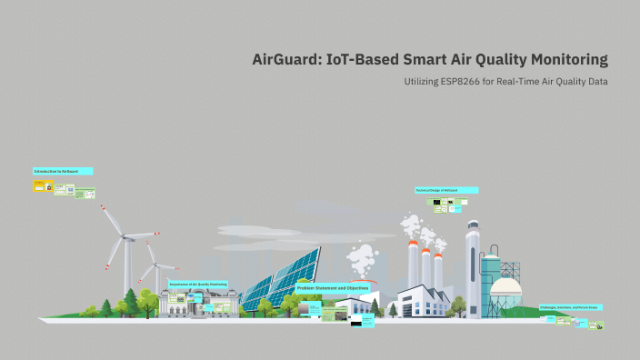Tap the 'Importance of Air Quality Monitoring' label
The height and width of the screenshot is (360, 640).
click(198, 284)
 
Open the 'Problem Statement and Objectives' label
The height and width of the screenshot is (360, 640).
click(333, 287)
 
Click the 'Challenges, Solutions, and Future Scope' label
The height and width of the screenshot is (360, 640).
click(569, 307)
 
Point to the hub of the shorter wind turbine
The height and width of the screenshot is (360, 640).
click(155, 266)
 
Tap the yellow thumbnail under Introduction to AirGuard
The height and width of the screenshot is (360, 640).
click(39, 185)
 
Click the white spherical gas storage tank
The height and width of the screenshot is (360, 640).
click(505, 292)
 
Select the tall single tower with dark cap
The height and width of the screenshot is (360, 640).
click(472, 264)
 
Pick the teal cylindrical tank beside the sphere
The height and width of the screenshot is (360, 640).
click(490, 273)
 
